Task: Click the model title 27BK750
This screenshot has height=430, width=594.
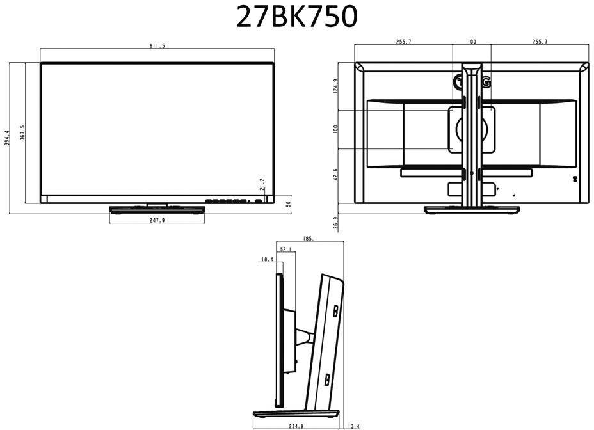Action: tap(296, 17)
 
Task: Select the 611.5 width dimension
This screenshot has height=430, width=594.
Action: tap(157, 46)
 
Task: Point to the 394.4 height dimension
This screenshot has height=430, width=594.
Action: tap(7, 138)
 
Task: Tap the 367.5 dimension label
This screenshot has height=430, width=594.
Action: tap(22, 135)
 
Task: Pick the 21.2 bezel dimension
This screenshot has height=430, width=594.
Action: tap(262, 186)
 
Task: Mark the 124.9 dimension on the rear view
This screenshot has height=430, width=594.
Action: tap(335, 86)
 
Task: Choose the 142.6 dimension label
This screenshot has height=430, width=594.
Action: tap(335, 175)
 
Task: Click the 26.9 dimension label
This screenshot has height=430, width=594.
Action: tap(335, 222)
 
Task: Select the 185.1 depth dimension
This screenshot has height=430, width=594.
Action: tap(311, 239)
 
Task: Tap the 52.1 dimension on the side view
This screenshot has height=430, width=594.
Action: tap(286, 249)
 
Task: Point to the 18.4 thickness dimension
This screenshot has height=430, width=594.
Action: tap(268, 259)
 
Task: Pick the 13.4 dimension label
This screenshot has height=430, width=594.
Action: tap(353, 425)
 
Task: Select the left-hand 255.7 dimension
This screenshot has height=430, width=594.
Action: tap(404, 42)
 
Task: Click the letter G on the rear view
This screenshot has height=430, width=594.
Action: tap(487, 82)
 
